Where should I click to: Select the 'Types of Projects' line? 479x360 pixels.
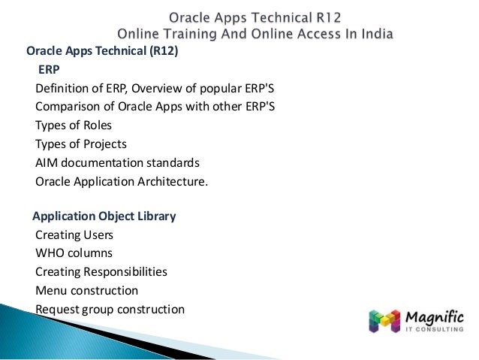coord(81,144)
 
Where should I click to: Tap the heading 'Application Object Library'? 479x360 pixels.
coord(104,216)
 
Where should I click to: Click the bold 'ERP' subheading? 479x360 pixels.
coord(49,70)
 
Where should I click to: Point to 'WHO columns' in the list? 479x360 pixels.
coord(74,253)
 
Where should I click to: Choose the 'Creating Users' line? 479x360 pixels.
coord(74,235)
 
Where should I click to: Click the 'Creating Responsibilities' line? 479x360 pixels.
coord(101,271)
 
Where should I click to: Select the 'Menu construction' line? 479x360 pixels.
coord(86,290)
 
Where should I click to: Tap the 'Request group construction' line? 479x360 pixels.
coord(110,309)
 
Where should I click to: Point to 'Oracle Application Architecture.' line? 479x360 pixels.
coord(121,180)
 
